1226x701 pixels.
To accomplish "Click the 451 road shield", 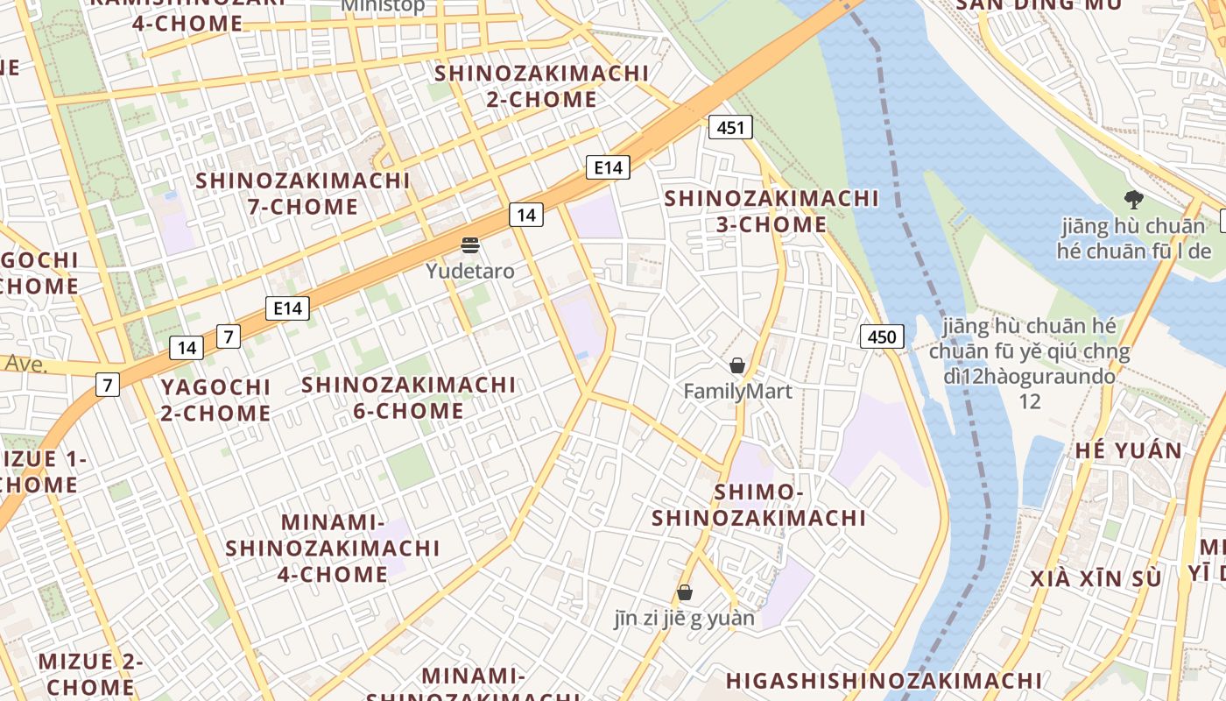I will [729, 128].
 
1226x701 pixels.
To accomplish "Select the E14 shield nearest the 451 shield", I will [608, 167].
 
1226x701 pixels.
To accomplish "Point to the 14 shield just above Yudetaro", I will [525, 215].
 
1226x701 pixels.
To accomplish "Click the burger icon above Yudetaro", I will [471, 244].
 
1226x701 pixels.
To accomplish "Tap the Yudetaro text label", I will [470, 271].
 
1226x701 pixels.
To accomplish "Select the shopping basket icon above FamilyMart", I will [737, 365].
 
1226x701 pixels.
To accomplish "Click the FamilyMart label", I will [737, 391].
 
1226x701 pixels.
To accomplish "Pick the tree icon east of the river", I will [1133, 199].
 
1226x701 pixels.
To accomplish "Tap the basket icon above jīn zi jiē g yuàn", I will [685, 593].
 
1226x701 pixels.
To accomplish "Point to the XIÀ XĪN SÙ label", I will [1096, 579].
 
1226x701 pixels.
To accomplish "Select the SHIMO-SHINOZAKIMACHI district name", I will [758, 505].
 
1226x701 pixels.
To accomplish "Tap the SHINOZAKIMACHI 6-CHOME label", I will [409, 397].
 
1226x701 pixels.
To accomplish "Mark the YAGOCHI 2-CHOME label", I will [215, 400].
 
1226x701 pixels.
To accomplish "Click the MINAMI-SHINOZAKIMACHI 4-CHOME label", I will [333, 548].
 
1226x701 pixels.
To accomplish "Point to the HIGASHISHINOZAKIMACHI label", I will [884, 681].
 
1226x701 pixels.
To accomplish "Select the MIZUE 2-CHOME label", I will [90, 673].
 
